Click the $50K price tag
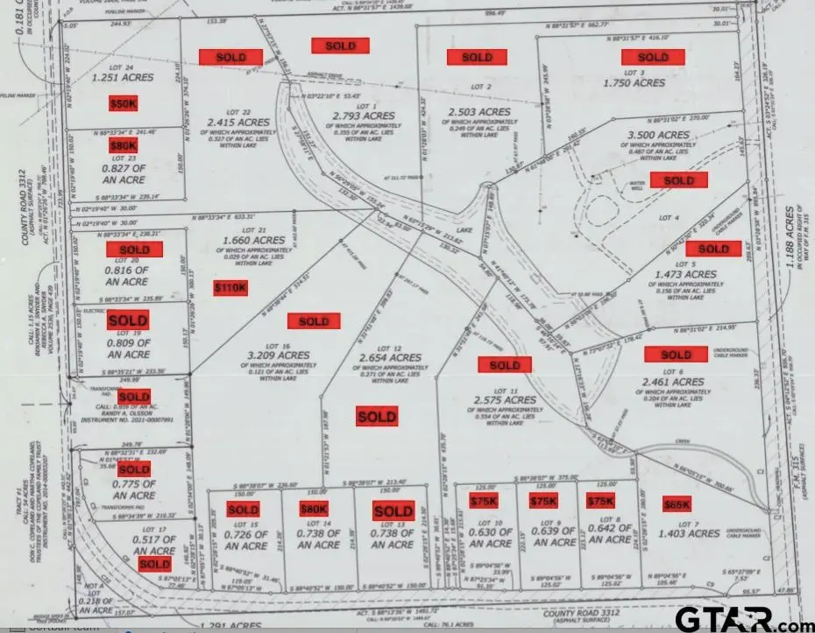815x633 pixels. pos(124,103)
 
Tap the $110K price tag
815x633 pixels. pos(231,286)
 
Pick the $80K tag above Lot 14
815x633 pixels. pos(314,509)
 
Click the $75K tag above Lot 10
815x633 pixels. pos(483,501)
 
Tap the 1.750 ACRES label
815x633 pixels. pos(634,82)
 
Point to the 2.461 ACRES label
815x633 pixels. pos(673,382)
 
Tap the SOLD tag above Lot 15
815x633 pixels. pos(243,510)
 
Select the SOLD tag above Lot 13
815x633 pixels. pos(393,511)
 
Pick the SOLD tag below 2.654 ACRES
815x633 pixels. pos(377,417)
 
